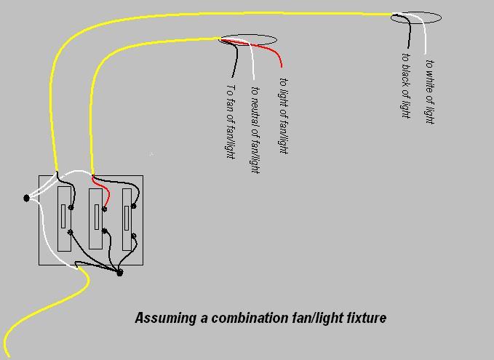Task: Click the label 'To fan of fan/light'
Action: point(231,122)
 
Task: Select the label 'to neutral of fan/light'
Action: point(255,130)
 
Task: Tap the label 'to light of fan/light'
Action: point(284,116)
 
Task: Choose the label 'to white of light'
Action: point(430,92)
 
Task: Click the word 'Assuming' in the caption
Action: point(166,318)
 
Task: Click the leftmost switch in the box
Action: point(64,219)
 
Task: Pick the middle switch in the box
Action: point(95,219)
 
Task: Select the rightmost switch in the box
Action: point(127,220)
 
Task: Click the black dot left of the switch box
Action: point(26,198)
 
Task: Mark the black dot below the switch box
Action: point(119,273)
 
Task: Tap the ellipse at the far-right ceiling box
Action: point(416,17)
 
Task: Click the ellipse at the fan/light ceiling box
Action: point(248,40)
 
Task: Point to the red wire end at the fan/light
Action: point(282,66)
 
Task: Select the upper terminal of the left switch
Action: point(71,207)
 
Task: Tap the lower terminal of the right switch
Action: point(134,236)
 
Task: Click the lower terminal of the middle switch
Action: point(105,231)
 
